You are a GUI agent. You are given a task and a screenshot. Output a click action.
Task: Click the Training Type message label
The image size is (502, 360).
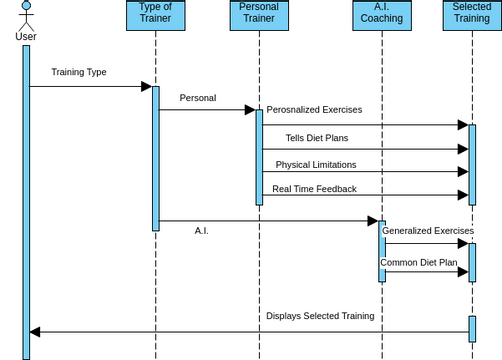coord(79,72)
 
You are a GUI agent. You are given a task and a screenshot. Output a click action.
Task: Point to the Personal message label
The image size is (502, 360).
coord(198,98)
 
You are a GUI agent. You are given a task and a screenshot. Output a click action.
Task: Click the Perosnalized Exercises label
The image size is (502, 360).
coord(314,110)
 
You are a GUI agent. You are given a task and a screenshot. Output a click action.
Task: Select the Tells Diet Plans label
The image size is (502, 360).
coord(317,138)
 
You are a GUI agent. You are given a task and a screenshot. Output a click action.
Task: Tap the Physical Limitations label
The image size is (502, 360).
coord(316,164)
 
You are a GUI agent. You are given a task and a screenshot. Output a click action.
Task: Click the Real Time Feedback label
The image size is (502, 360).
coord(314,189)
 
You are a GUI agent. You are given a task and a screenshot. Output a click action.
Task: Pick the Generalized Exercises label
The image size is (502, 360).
coord(426,230)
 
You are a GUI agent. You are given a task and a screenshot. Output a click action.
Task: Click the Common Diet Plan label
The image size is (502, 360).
coord(418,262)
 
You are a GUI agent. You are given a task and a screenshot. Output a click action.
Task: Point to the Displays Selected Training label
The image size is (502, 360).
coord(320,316)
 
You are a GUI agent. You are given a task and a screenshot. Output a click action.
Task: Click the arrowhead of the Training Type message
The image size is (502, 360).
coord(146,86)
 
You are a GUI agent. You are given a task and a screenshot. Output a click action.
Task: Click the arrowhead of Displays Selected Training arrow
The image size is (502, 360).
coord(36,331)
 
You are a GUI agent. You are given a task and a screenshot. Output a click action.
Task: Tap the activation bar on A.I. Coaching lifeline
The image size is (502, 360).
coord(381,250)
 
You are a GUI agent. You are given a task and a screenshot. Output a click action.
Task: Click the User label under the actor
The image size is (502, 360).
coord(27,37)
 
